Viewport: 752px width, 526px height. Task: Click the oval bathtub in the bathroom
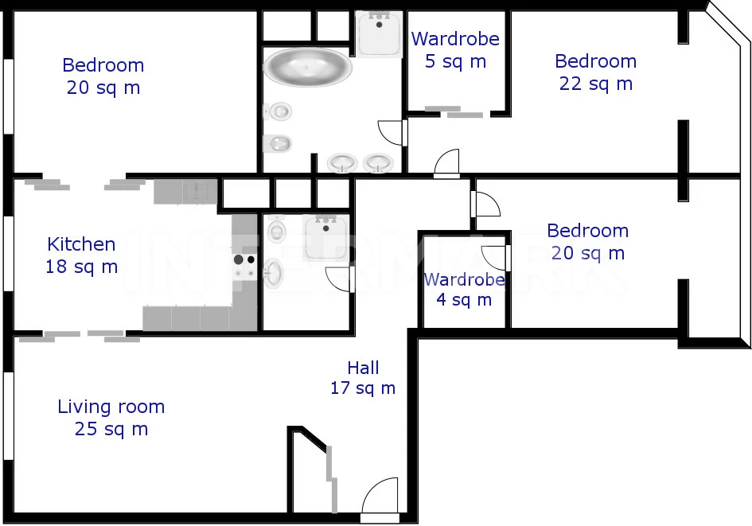tap(307, 67)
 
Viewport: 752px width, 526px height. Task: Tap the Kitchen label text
tap(81, 244)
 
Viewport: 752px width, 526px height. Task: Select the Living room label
tap(111, 407)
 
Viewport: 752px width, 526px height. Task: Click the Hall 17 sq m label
tap(363, 378)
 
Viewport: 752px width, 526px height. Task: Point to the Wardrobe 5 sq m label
tap(455, 50)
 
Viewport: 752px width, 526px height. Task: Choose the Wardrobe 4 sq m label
tap(464, 290)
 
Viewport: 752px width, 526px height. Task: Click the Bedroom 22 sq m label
tap(596, 72)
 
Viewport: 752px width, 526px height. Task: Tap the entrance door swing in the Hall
tap(380, 497)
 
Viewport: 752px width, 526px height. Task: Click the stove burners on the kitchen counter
tap(244, 267)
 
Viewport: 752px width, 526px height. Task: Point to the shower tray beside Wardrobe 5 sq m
tap(379, 33)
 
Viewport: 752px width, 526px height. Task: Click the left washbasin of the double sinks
tap(342, 163)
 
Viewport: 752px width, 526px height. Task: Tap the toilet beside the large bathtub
tap(279, 111)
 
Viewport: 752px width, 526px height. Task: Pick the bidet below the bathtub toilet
tap(278, 143)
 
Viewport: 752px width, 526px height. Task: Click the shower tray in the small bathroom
tap(326, 237)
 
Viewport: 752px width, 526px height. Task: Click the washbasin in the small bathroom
tap(274, 273)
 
